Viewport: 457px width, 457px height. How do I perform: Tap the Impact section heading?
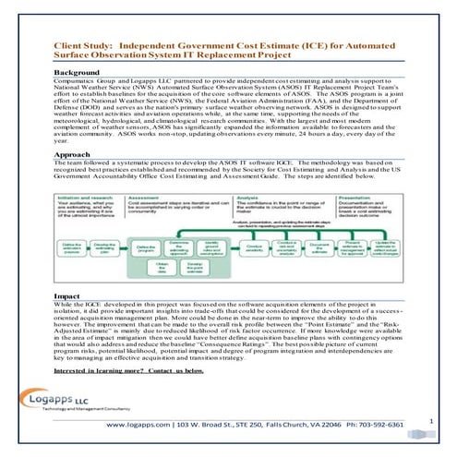pos(68,294)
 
